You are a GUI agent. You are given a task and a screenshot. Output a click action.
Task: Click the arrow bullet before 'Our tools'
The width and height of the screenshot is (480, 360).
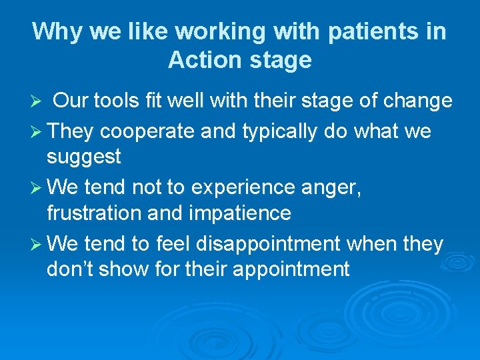[x=38, y=102]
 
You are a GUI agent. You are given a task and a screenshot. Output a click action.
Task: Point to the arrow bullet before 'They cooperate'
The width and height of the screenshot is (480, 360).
[x=38, y=131]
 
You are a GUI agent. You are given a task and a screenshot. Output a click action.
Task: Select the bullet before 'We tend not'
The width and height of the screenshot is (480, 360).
[x=38, y=188]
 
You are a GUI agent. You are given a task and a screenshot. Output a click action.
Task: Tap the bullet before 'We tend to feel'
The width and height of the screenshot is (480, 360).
[x=38, y=245]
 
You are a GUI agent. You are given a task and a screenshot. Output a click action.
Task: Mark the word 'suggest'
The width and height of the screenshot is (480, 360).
[x=84, y=157]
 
